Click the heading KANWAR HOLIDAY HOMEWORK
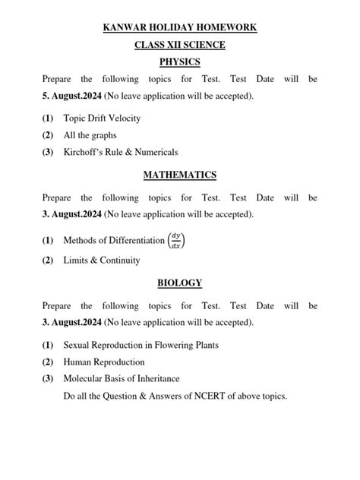point(180,28)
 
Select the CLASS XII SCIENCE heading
point(180,45)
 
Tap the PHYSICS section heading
point(180,62)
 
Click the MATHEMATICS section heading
point(180,175)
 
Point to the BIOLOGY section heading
point(180,283)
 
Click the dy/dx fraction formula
point(176,240)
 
